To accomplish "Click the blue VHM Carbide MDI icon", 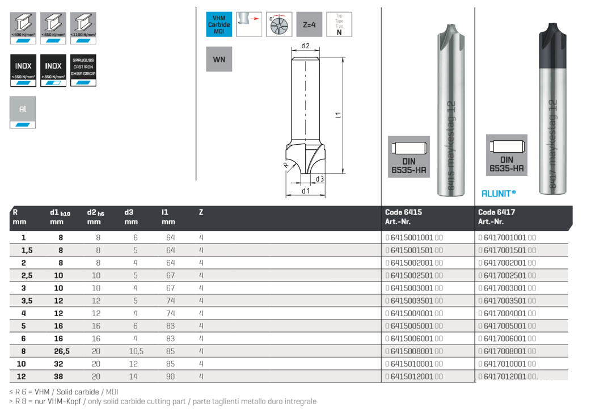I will [218, 24].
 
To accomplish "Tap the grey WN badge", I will [218, 59].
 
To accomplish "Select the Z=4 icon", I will [309, 24].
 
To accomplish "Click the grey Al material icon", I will [23, 112].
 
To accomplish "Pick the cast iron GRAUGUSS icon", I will [83, 70].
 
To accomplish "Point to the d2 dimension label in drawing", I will [305, 46].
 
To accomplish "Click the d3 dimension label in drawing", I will [320, 179].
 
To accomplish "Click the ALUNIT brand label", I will [499, 194].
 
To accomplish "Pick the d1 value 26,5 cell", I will [61, 351].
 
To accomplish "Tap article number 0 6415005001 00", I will [413, 326].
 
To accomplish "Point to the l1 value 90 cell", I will [170, 376].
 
